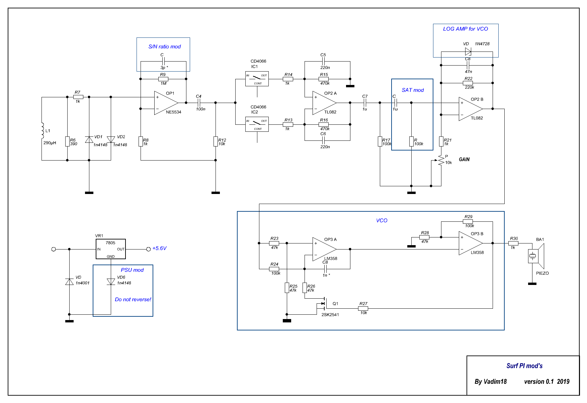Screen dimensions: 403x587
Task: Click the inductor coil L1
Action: click(x=43, y=131)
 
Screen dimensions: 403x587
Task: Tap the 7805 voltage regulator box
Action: click(x=111, y=249)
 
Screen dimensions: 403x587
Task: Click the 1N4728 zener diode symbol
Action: click(x=468, y=52)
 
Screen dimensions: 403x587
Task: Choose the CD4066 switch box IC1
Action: click(x=257, y=79)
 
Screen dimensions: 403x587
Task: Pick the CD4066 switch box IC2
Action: click(x=257, y=124)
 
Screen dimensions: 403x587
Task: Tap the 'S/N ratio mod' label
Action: click(x=164, y=47)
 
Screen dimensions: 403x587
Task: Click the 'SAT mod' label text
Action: click(x=413, y=90)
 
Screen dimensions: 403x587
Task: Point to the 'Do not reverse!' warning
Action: click(x=133, y=300)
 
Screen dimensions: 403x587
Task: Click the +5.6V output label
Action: click(x=159, y=248)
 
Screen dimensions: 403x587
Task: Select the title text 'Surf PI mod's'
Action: click(x=524, y=366)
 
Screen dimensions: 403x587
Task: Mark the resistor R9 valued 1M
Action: click(x=163, y=79)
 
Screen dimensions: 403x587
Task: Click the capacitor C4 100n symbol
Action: click(x=199, y=103)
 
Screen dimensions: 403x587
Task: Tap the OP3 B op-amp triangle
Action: click(x=470, y=243)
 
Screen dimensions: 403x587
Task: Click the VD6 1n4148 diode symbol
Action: click(x=111, y=282)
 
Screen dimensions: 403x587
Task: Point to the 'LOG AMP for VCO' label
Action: click(x=466, y=29)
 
